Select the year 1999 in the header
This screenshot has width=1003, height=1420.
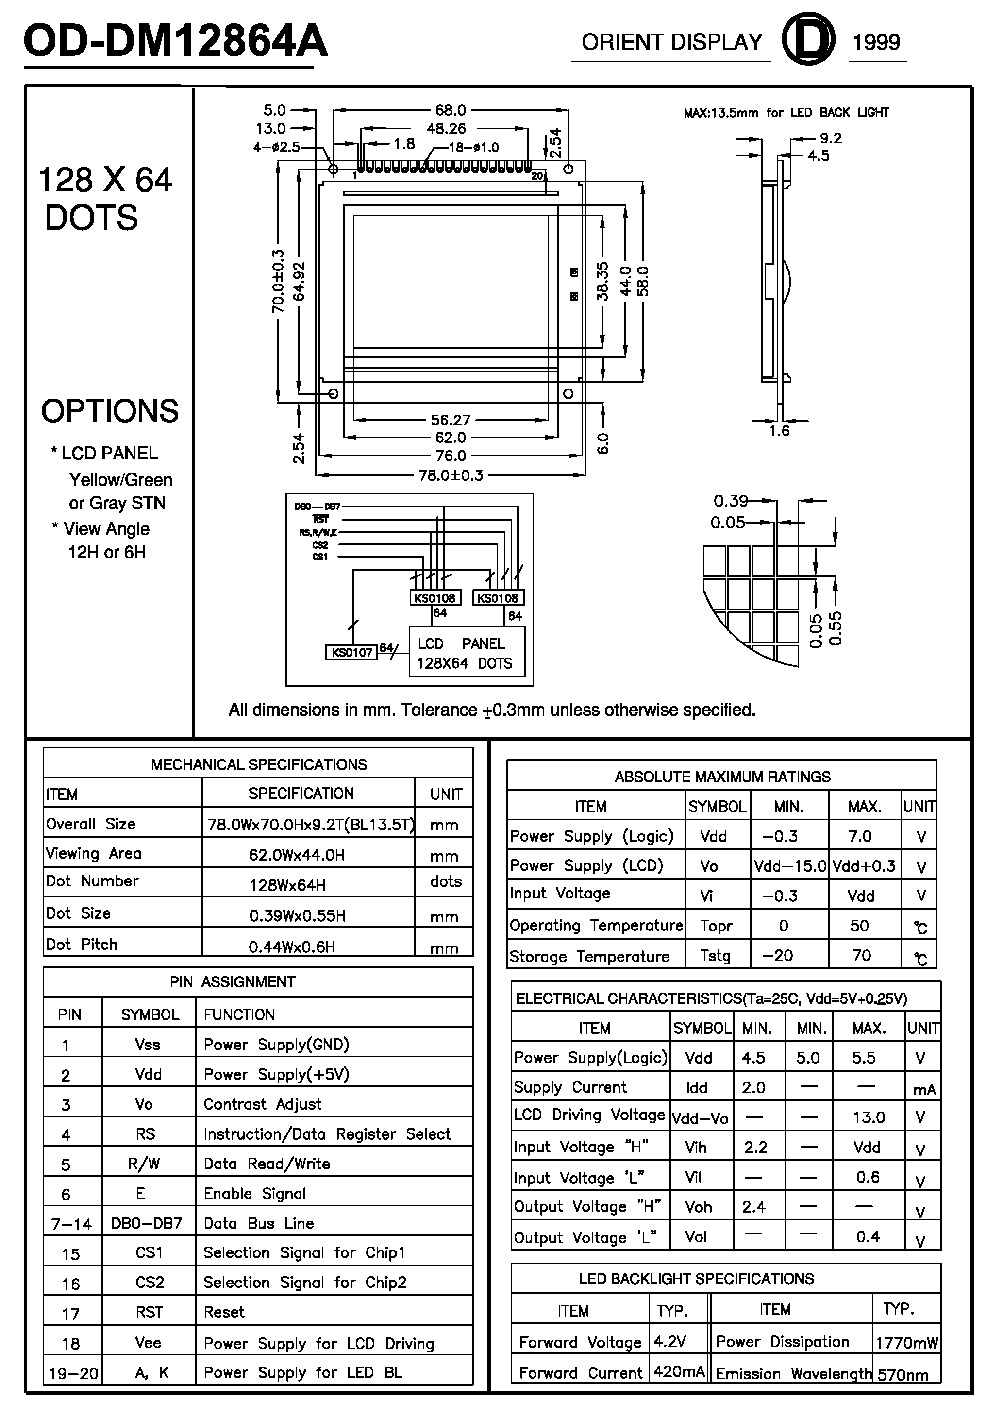(x=876, y=43)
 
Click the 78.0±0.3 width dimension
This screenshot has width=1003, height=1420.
(x=451, y=475)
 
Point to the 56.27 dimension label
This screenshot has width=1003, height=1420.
(x=451, y=421)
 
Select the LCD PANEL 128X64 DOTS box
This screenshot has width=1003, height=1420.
(x=466, y=653)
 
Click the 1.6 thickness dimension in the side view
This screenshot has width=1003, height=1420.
(x=779, y=431)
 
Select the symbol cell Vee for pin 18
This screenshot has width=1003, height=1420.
(x=149, y=1343)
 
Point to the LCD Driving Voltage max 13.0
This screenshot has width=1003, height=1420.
(x=869, y=1117)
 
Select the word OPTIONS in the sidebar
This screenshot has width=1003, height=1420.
(x=110, y=411)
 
